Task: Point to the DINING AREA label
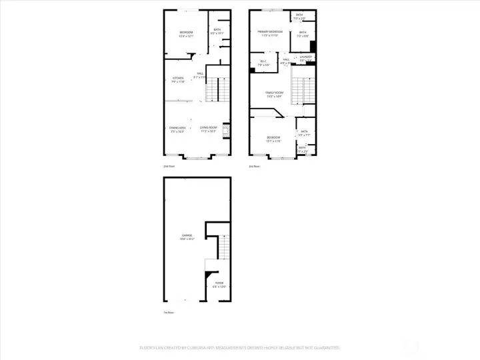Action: click(x=177, y=128)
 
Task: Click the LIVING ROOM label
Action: click(x=209, y=128)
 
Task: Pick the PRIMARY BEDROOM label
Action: click(x=271, y=32)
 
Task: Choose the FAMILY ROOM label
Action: click(x=273, y=93)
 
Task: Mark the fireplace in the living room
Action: click(x=226, y=130)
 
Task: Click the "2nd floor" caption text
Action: click(x=169, y=166)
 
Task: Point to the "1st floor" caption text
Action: click(x=169, y=312)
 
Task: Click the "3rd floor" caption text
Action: click(x=253, y=166)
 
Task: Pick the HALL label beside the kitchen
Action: click(x=200, y=74)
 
